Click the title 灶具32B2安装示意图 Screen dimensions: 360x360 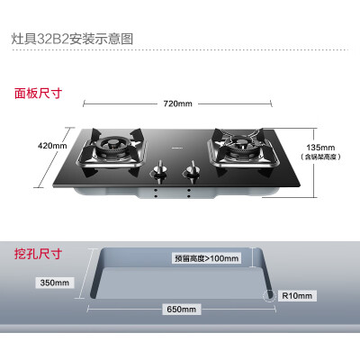point(72,39)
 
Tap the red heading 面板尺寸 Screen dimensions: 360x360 point(38,94)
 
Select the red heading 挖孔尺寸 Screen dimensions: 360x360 point(38,254)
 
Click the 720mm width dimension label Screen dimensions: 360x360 point(177,103)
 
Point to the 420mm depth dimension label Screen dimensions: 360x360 point(52,146)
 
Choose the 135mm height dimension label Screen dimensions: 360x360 point(320,148)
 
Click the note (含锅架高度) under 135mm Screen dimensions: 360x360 point(320,157)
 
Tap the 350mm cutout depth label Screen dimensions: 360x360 point(55,283)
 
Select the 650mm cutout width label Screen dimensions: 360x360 point(181,310)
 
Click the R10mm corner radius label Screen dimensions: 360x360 point(297,296)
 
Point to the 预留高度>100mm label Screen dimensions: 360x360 point(207,258)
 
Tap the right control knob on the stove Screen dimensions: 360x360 point(192,169)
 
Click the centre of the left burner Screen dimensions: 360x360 point(112,143)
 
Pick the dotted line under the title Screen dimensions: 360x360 point(180,49)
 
